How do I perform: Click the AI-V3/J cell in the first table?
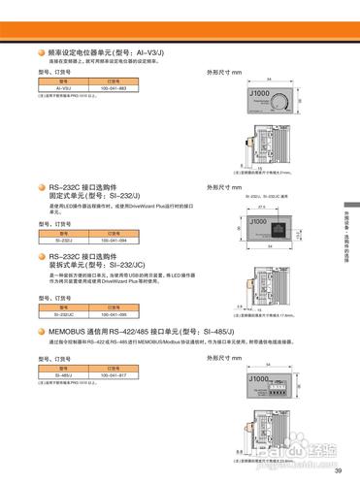64,88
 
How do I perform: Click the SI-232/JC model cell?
64,314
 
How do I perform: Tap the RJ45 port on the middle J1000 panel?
281,229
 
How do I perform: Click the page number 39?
338,471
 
